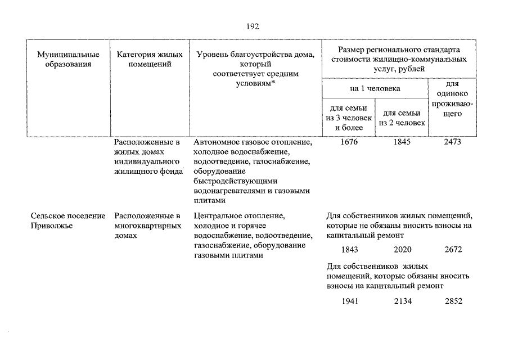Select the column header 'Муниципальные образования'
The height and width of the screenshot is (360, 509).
(68, 59)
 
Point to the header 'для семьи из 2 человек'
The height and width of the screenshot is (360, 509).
(402, 118)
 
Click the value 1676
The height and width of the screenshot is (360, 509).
(349, 142)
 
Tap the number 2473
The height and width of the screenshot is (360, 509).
(452, 142)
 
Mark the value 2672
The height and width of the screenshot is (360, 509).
(453, 249)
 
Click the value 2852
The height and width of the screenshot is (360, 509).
(453, 301)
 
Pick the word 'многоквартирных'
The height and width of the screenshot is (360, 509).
(147, 226)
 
